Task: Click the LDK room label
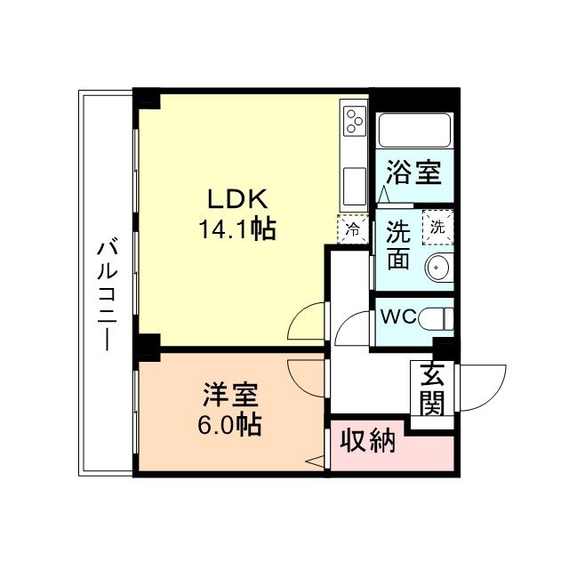[234, 198]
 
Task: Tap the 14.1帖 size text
[236, 230]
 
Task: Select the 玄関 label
[432, 389]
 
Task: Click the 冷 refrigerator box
[353, 228]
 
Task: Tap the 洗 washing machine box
[437, 225]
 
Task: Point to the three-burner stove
[354, 121]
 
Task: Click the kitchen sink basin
[354, 188]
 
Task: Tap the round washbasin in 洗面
[437, 266]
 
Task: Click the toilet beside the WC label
[437, 317]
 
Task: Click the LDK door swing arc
[308, 321]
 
